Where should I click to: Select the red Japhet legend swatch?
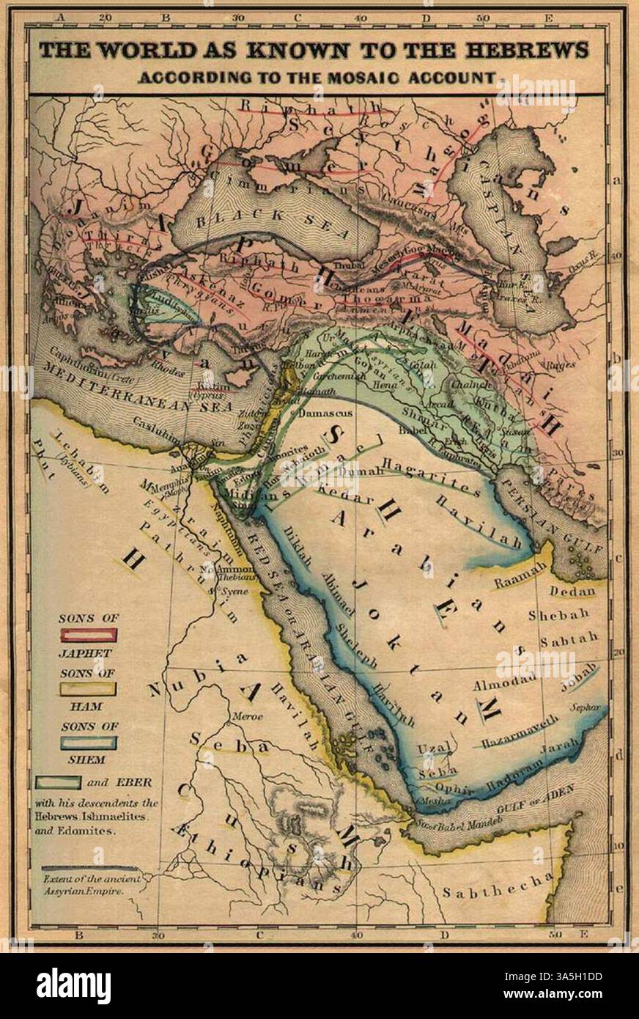click(x=88, y=636)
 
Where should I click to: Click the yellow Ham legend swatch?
click(x=88, y=689)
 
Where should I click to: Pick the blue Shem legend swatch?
click(x=88, y=743)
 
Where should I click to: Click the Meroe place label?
click(x=245, y=717)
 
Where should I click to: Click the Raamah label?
click(x=521, y=575)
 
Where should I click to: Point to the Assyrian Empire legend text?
click(x=82, y=884)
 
